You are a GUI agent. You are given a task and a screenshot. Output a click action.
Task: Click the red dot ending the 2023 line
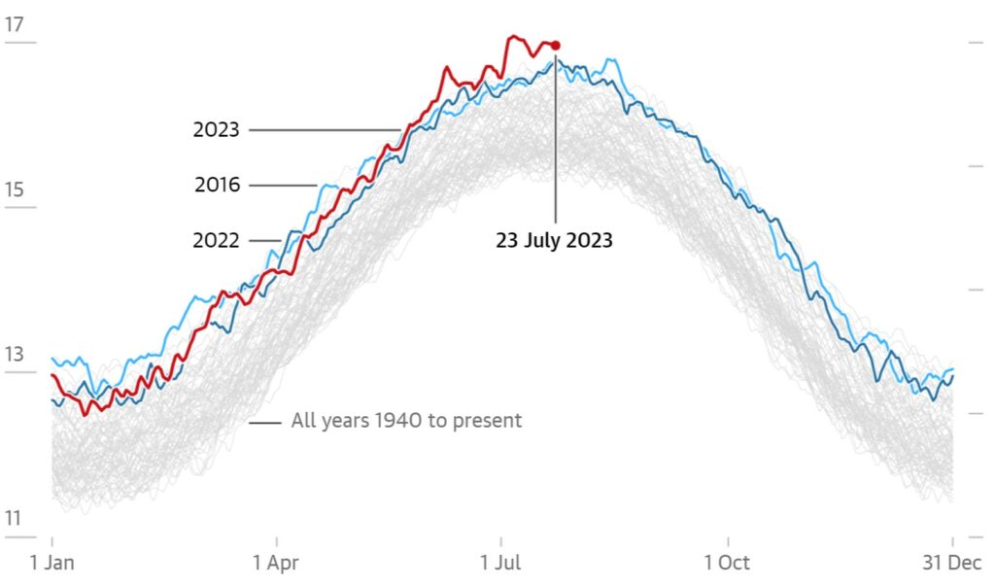pyautogui.click(x=555, y=45)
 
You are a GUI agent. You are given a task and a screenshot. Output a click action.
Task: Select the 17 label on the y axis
pyautogui.click(x=14, y=24)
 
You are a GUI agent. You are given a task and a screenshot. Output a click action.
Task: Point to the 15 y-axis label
pyautogui.click(x=14, y=190)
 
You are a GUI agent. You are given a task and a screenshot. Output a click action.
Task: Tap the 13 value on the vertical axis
pyautogui.click(x=14, y=355)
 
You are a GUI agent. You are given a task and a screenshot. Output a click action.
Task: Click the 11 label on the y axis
pyautogui.click(x=14, y=519)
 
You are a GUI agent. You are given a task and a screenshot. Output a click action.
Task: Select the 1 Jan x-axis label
pyautogui.click(x=51, y=564)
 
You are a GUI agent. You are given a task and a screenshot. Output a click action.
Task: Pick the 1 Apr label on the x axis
pyautogui.click(x=277, y=564)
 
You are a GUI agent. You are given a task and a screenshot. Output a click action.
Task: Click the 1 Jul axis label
pyautogui.click(x=501, y=564)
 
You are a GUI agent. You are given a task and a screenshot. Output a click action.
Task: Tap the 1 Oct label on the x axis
pyautogui.click(x=727, y=564)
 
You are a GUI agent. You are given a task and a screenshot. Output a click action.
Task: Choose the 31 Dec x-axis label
pyautogui.click(x=951, y=564)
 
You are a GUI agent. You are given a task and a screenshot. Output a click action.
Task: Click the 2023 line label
pyautogui.click(x=216, y=130)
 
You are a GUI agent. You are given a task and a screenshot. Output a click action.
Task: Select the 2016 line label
pyautogui.click(x=217, y=185)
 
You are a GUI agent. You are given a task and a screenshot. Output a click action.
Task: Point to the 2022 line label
pyautogui.click(x=216, y=240)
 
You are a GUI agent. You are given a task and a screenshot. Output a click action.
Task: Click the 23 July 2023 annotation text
pyautogui.click(x=554, y=240)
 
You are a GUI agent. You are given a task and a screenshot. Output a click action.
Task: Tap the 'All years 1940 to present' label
pyautogui.click(x=406, y=422)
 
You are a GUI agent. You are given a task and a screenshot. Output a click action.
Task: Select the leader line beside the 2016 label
pyautogui.click(x=284, y=185)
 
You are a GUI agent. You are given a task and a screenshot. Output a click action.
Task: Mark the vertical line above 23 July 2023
pyautogui.click(x=556, y=136)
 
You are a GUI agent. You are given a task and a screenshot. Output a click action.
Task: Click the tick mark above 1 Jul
pyautogui.click(x=501, y=540)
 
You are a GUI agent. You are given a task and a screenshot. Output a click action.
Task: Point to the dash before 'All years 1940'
pyautogui.click(x=265, y=422)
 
